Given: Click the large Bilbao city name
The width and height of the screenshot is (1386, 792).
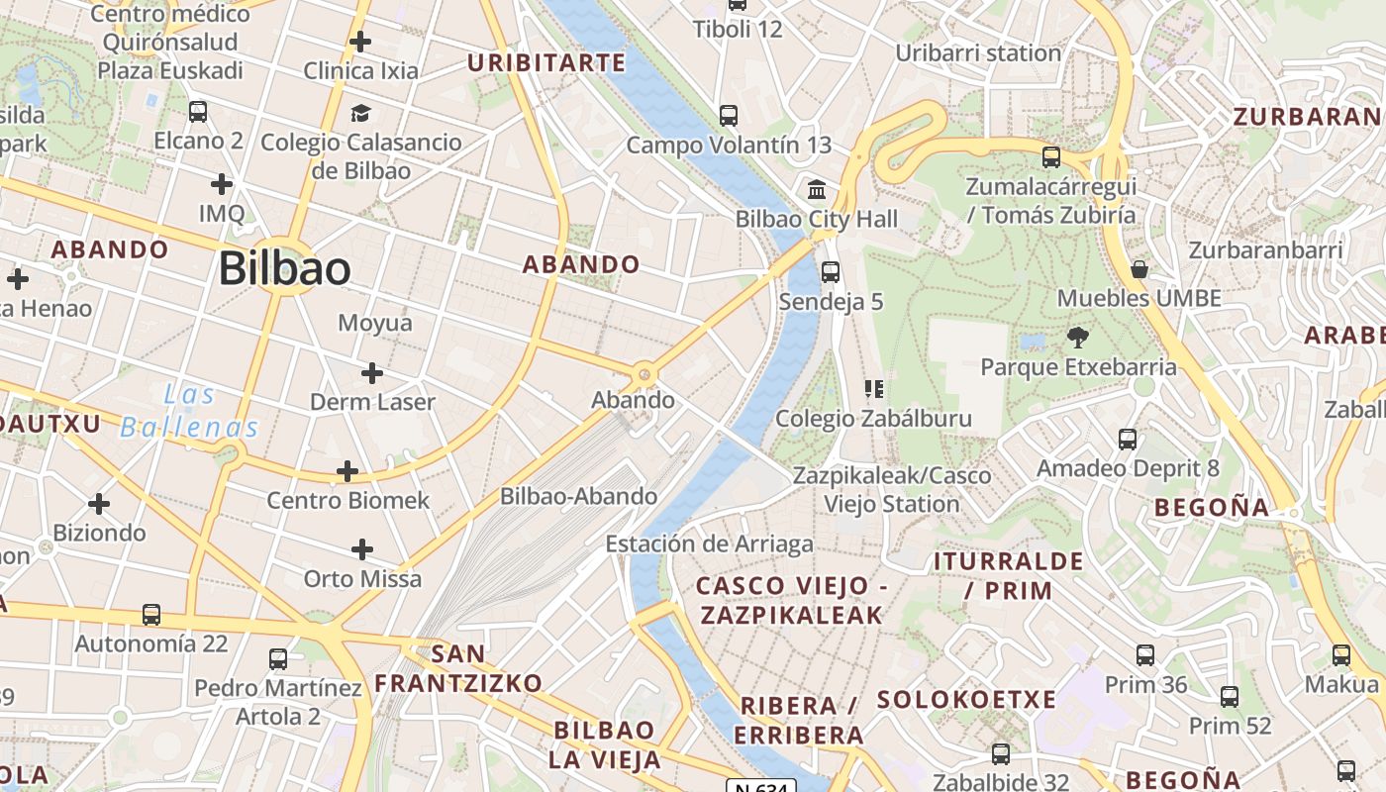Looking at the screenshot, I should coord(284,268).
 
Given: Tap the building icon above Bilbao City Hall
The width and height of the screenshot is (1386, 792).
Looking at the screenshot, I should coord(818,189).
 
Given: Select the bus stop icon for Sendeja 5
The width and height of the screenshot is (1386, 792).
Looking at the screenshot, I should coord(831,271).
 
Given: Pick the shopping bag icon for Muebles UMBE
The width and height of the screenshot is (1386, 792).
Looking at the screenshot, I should coord(1139,269).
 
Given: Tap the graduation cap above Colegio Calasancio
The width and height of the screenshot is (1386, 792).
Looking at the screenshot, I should coord(360,113).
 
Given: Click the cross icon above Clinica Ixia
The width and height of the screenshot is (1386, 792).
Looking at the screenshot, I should coord(360,42).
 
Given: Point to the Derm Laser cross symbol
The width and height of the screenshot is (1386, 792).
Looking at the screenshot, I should coord(372,373).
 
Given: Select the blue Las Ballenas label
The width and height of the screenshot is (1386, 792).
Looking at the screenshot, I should coord(189,411).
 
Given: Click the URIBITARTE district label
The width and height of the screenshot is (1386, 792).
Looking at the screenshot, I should coord(546,63).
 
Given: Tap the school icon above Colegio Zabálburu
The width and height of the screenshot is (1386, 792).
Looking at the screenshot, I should coord(873,388).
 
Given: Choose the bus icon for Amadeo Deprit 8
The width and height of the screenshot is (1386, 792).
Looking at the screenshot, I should coord(1128,439).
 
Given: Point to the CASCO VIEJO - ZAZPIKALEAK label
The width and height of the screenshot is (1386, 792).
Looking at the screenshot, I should coord(791,600).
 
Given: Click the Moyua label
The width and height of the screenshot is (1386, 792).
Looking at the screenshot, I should coord(375,323).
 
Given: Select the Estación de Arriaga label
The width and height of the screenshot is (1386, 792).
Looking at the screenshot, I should coord(709,544).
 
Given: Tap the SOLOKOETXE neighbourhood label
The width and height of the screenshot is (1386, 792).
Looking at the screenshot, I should coord(966,699).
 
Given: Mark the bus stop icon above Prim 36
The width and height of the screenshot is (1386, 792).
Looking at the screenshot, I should coord(1145,654).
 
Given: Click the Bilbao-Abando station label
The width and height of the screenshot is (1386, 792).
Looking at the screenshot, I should coord(578,496).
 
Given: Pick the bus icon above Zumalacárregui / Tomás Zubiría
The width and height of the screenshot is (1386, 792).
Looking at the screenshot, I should coord(1051,156).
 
